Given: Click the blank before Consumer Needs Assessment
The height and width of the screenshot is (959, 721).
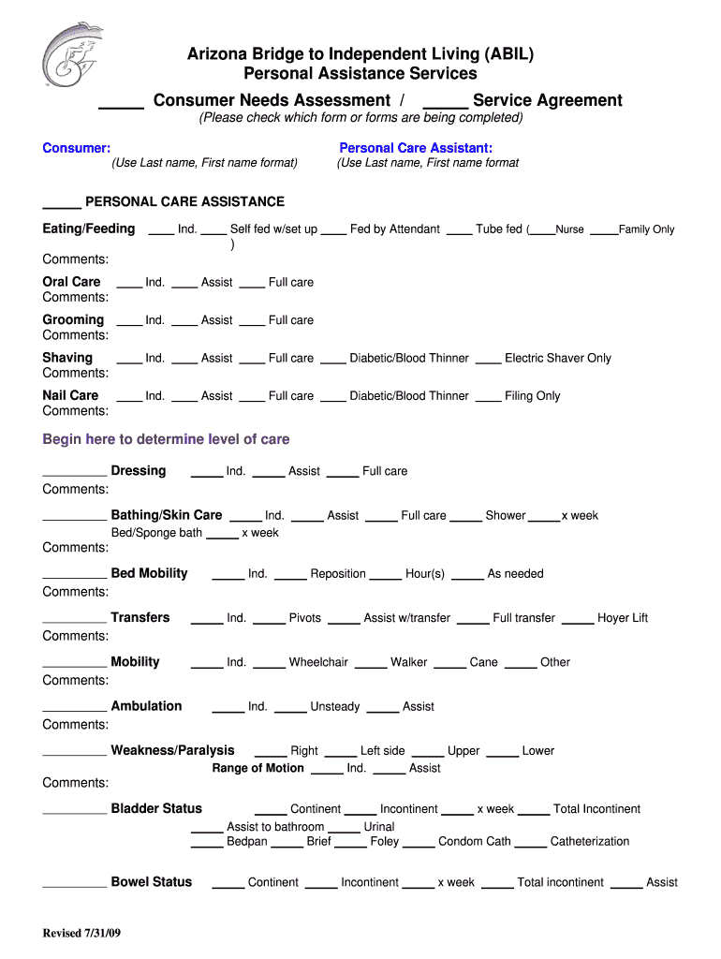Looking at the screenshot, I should (121, 104).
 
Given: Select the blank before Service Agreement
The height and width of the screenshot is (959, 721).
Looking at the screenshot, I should (445, 104).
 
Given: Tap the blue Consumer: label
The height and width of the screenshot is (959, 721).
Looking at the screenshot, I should (77, 148).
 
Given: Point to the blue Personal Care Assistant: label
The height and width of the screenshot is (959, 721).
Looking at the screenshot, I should (416, 148).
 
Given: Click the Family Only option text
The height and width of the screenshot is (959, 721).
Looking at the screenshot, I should (646, 229).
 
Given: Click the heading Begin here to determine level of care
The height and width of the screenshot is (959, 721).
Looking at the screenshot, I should (166, 439).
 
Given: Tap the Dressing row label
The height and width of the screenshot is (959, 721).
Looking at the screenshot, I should (138, 470).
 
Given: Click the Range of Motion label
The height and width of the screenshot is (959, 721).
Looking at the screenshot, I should (257, 768).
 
